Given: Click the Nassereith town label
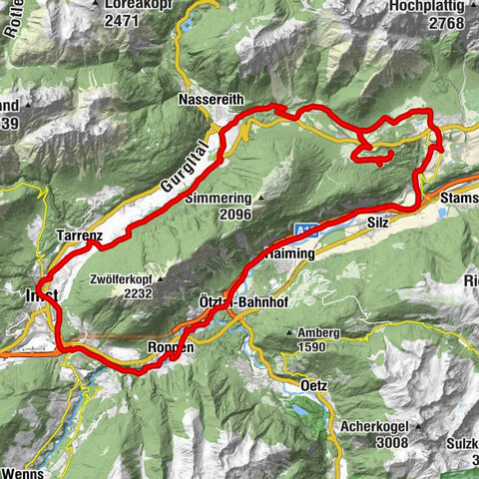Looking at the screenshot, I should (209, 101).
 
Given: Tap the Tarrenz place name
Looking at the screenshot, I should (80, 236).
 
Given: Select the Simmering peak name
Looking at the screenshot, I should (219, 198).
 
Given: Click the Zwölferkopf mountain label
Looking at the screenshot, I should (121, 280).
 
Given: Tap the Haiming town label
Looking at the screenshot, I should (291, 254).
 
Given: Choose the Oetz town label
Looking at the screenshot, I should (313, 384).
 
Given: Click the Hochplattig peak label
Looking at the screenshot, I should (431, 5).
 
